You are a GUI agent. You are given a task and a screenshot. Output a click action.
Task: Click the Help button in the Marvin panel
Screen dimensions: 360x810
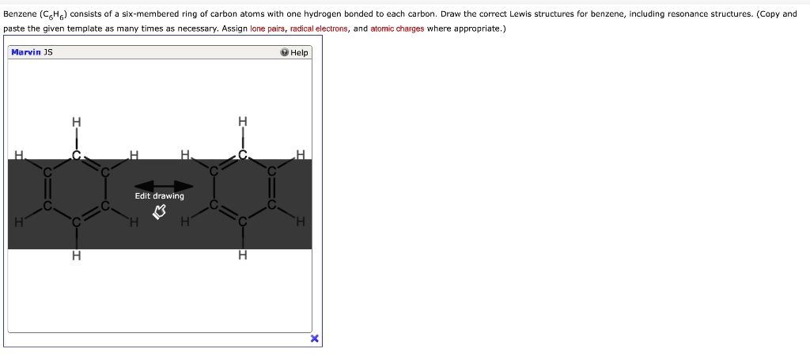point(294,53)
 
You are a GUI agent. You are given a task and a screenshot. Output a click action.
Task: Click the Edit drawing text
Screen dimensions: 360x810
point(159,196)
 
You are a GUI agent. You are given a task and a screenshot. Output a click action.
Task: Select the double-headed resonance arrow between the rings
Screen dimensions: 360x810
point(163,185)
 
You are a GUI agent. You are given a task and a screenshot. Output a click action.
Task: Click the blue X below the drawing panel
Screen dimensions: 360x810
point(314,339)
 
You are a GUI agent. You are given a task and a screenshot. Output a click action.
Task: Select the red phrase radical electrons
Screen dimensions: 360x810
point(319,28)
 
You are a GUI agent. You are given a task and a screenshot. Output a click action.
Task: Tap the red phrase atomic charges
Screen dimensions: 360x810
point(397,28)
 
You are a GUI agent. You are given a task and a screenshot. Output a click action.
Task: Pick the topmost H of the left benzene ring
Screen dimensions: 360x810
point(76,122)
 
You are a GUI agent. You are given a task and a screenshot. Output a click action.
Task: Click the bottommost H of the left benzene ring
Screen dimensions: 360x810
point(76,256)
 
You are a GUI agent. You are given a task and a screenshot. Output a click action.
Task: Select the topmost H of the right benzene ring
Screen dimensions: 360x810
point(243,122)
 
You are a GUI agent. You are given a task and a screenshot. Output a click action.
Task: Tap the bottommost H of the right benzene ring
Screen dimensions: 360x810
point(243,256)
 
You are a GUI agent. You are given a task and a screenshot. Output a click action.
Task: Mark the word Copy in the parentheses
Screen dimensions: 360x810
point(768,14)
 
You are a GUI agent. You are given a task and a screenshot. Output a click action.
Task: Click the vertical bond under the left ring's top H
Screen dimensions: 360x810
point(76,138)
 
